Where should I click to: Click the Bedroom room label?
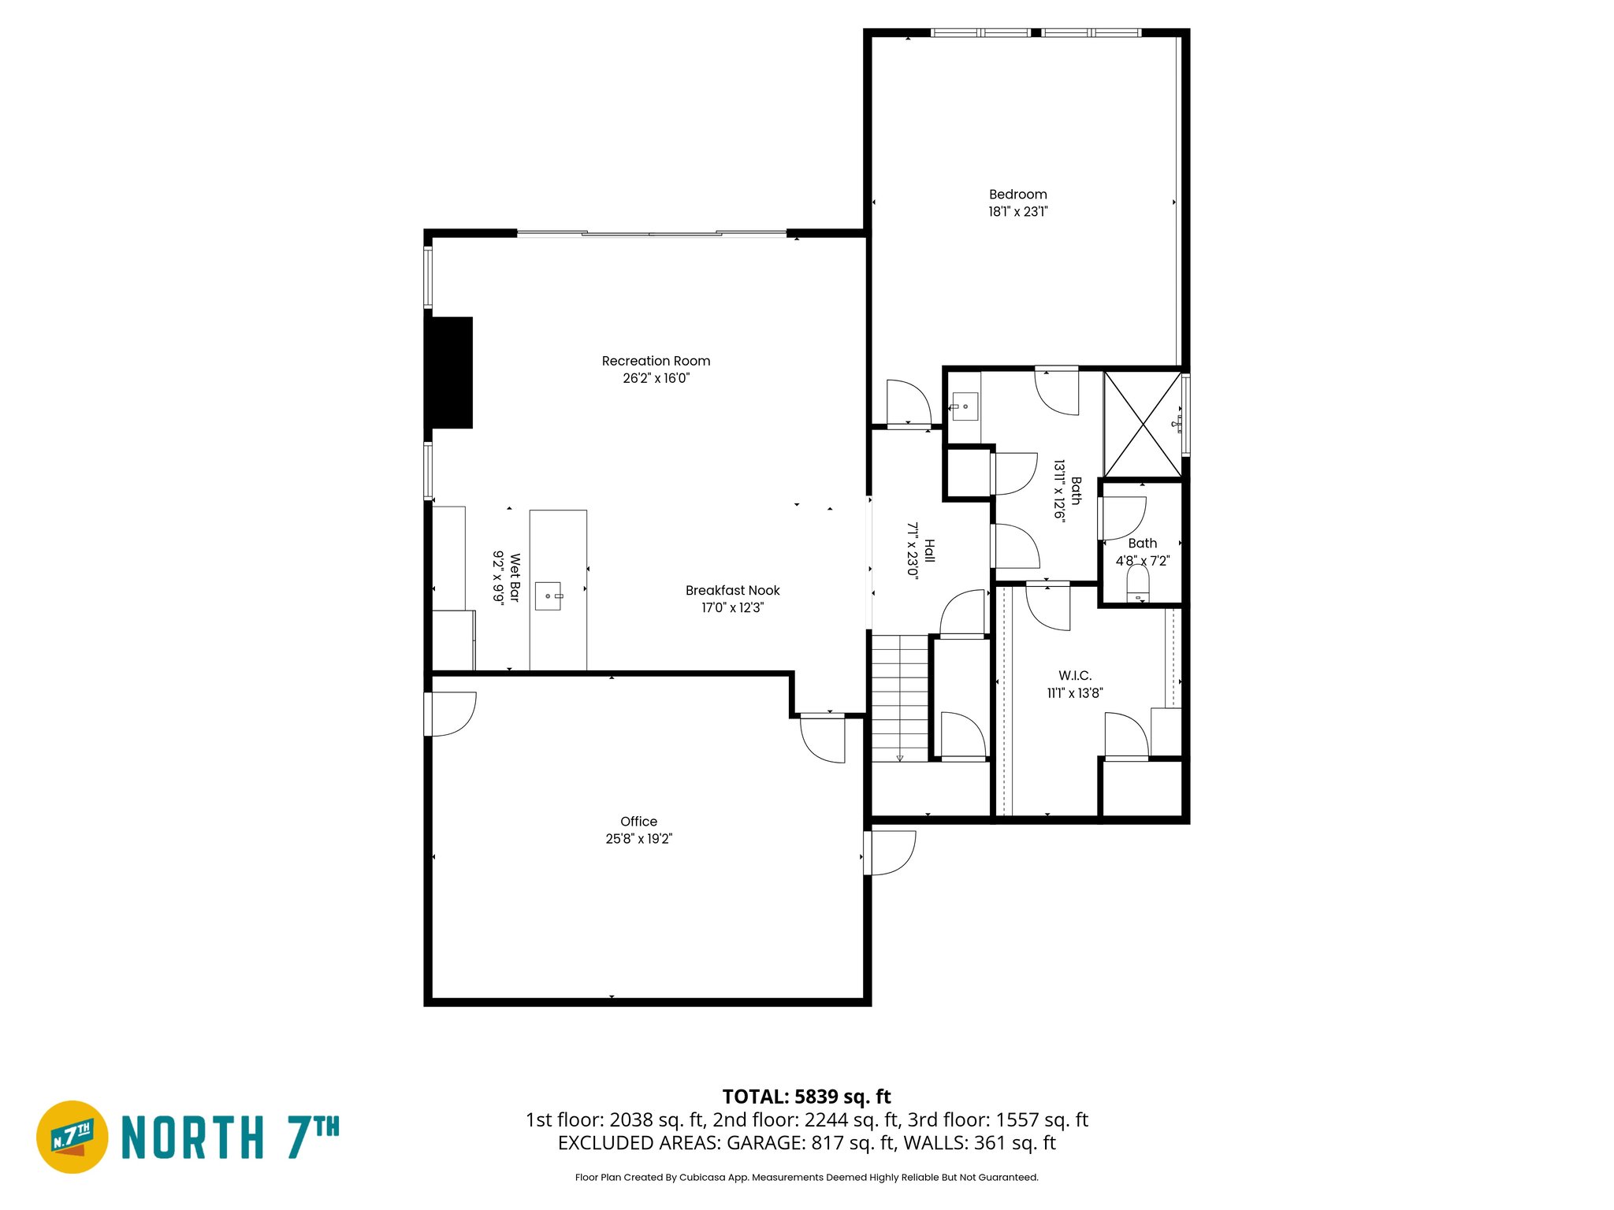pos(1017,195)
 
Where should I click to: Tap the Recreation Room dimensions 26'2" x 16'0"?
pos(656,378)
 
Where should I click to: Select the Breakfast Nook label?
pos(732,590)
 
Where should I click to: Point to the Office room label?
pos(638,822)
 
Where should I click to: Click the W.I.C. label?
pos(1075,676)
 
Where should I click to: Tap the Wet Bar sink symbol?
pos(549,596)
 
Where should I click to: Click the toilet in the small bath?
pos(1138,585)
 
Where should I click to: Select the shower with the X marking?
pos(1143,425)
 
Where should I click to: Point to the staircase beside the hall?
pos(900,697)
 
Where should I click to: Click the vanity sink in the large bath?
pos(965,407)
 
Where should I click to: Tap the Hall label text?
pos(929,550)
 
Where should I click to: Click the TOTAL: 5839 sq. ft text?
pos(806,1097)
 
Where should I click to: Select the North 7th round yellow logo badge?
pos(73,1137)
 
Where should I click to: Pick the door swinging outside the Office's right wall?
pos(891,853)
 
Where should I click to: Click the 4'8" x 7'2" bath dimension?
pos(1142,561)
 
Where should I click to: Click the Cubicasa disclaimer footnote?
pos(806,1177)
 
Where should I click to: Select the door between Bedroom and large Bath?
pos(1057,391)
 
